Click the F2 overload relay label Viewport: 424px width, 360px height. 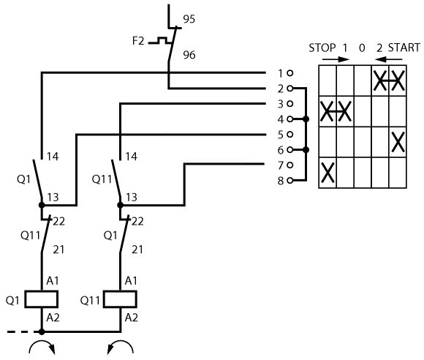[x=138, y=41]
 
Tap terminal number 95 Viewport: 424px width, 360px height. [x=189, y=19]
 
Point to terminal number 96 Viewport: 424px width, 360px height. [x=189, y=55]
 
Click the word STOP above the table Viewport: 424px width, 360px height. [x=322, y=48]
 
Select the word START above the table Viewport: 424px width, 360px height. [x=404, y=48]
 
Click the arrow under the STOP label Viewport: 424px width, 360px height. [x=336, y=59]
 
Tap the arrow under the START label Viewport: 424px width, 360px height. [x=389, y=59]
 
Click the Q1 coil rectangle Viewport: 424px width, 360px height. [x=42, y=299]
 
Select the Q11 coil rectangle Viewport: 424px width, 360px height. [x=120, y=299]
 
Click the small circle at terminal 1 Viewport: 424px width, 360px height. [x=290, y=73]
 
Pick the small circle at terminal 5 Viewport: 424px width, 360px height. [x=290, y=135]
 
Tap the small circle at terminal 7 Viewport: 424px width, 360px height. [x=290, y=165]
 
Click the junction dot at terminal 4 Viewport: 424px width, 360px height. [x=306, y=119]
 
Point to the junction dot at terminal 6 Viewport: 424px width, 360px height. [x=306, y=150]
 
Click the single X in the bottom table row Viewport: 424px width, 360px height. [x=328, y=173]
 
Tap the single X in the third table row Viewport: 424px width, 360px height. [x=398, y=142]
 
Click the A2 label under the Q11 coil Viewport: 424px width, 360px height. [x=132, y=318]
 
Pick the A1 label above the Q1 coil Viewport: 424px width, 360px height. [x=53, y=281]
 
